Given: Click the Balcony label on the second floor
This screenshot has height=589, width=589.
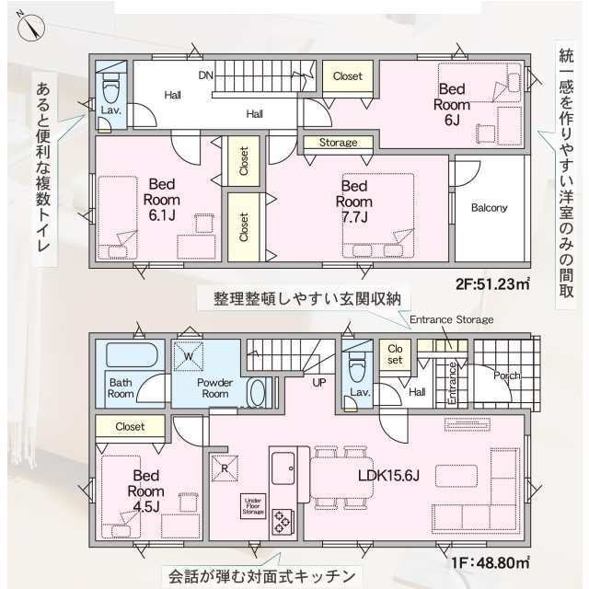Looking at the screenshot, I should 489,208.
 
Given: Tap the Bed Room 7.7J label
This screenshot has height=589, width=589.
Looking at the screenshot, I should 352,202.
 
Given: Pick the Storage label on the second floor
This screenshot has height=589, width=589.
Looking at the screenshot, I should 339,143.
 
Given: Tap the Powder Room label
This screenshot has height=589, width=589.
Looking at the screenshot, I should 214,387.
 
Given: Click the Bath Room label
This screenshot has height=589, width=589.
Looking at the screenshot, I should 122,387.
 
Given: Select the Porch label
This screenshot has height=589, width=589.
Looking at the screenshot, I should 506,375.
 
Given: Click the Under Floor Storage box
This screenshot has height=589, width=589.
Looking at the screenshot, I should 253,504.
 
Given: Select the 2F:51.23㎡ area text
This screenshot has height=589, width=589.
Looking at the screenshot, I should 493,283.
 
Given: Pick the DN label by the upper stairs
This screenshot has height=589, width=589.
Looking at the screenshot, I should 205,75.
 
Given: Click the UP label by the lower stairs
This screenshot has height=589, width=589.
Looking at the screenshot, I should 319,382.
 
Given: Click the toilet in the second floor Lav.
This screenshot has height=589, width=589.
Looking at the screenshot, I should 110,90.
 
